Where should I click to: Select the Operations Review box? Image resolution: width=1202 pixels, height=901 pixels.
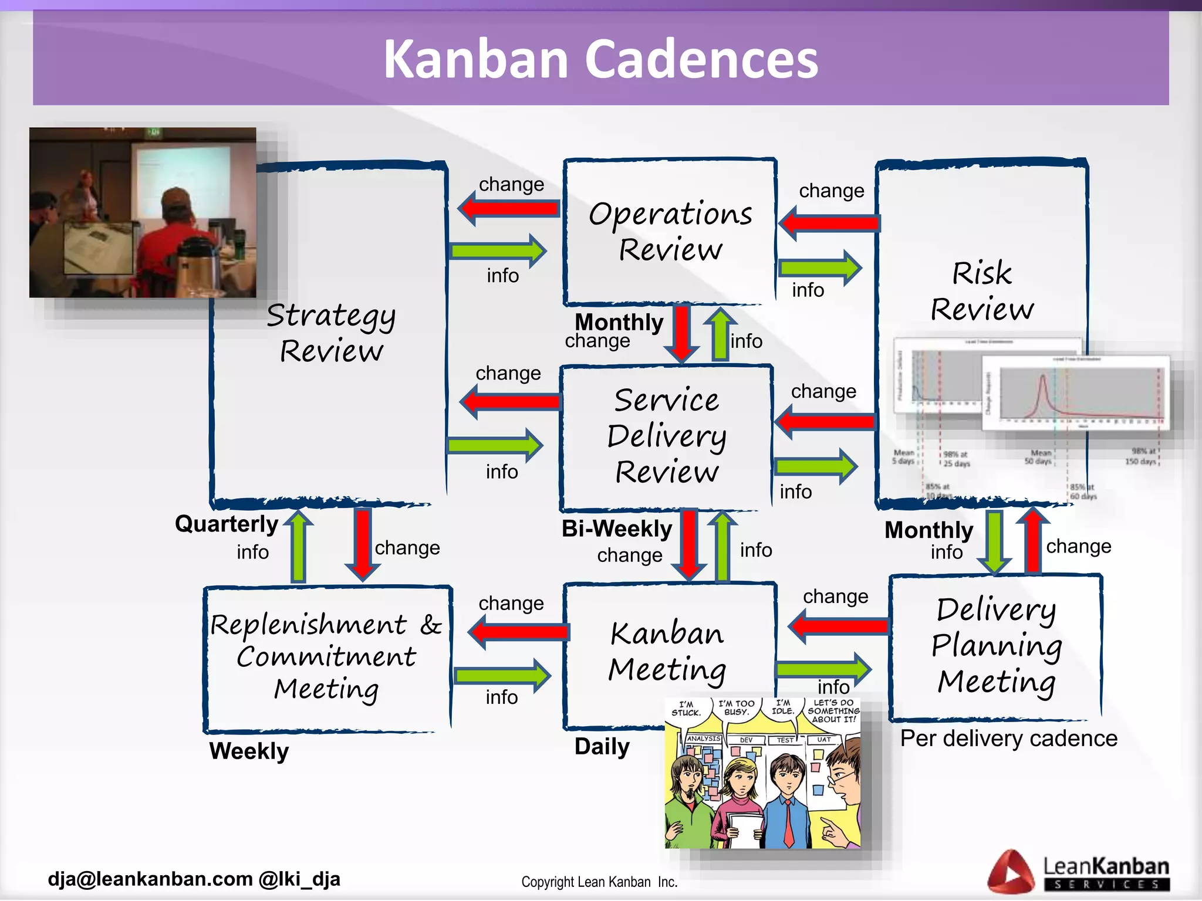(670, 231)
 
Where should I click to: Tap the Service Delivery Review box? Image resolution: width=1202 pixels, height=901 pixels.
(667, 436)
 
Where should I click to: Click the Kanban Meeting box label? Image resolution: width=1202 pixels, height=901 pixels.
(667, 651)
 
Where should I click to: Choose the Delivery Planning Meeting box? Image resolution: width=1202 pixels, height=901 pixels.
(997, 645)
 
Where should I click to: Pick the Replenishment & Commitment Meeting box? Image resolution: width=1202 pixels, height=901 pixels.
(327, 657)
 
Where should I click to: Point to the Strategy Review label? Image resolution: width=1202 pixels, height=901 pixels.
(331, 333)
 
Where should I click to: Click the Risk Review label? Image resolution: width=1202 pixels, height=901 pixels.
(982, 291)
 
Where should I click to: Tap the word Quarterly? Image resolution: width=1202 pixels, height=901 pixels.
(227, 524)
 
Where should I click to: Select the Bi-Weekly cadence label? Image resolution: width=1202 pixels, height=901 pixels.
(616, 529)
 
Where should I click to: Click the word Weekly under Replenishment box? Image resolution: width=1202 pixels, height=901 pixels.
(249, 751)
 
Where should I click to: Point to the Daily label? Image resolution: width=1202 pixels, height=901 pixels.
(602, 747)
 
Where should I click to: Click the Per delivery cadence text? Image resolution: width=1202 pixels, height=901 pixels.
(1008, 739)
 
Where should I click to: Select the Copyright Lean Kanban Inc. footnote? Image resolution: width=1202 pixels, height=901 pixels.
(599, 882)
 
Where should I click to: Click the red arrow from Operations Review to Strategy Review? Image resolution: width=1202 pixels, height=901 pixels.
(508, 208)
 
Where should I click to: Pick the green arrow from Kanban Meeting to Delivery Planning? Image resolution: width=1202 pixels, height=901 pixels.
(823, 669)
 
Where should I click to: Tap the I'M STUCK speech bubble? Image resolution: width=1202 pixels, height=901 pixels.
(686, 709)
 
